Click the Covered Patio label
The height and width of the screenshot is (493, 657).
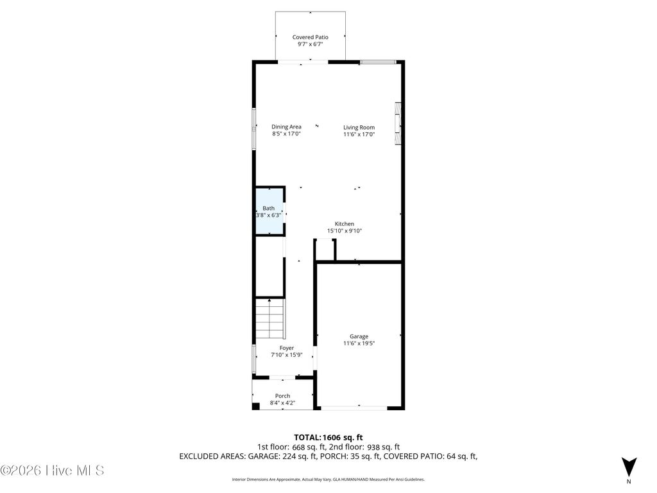coord(310,37)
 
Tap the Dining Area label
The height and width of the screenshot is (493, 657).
coord(286,126)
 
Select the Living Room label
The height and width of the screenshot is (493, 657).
coord(359,127)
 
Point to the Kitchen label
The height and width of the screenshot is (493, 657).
coord(344,224)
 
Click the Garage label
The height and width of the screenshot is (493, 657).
coord(359,336)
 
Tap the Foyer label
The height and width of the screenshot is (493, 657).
coord(286,348)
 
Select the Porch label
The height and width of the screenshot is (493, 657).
coord(282,395)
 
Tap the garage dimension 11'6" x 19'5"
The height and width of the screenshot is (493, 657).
coord(359,344)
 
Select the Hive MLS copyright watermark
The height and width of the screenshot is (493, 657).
coord(53,471)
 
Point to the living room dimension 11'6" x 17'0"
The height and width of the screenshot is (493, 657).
coord(359,135)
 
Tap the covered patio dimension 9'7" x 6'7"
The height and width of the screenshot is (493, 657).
coord(310,45)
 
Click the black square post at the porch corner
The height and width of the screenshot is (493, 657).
coord(255,406)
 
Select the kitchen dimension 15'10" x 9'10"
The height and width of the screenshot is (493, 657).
coord(344,231)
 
